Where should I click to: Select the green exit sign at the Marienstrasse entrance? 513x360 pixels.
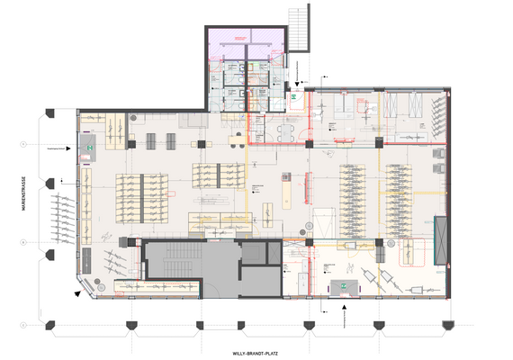tap(90, 143)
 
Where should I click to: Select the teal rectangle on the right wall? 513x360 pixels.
tap(440, 236)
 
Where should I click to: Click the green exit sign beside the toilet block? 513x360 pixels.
tap(294, 94)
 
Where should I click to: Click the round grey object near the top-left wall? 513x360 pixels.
tap(132, 118)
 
